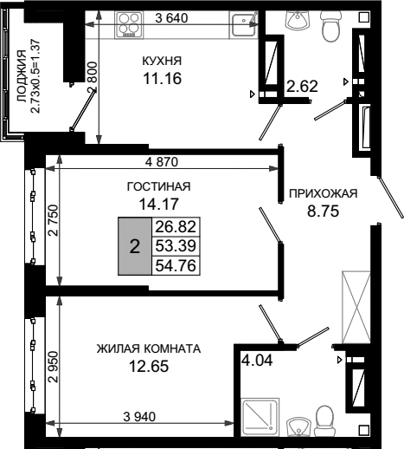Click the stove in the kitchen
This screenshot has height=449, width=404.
pos(129,25)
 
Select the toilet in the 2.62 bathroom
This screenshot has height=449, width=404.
pos(330,27)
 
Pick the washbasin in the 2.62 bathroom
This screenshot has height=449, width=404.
pos(297,20)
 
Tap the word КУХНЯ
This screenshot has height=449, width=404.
pos(162,61)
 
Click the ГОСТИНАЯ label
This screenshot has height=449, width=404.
pos(158,186)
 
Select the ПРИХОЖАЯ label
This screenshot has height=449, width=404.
pos(323,193)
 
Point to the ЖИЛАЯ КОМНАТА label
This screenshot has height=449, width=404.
pos(149,348)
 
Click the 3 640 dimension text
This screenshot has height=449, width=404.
pos(171,18)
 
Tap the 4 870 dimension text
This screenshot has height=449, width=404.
pos(162,162)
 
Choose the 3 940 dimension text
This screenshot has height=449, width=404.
pos(139,417)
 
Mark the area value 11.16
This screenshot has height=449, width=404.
pos(163,78)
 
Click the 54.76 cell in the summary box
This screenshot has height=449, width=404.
pos(176,265)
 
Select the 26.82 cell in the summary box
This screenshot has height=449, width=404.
pos(176,227)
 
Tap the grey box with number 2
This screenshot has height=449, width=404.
pos(135,246)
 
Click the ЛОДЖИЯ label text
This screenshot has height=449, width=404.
pos(22,76)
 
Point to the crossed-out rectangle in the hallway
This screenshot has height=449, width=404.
pos(356,307)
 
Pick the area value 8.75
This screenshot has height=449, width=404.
pos(323,211)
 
